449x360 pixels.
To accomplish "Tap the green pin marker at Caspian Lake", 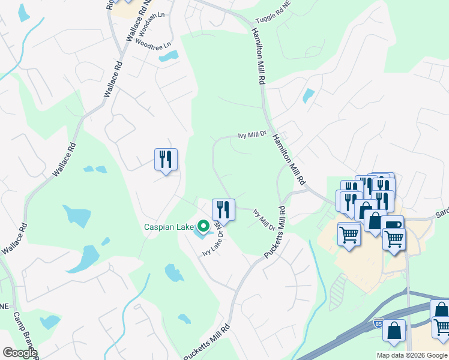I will pos(203,227).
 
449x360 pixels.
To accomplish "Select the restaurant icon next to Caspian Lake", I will pos(223,209).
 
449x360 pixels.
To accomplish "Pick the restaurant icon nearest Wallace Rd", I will pos(166,159).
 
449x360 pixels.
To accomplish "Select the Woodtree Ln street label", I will pos(153,44).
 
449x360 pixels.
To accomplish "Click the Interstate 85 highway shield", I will pos(378,322).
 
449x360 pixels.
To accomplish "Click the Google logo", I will pos(20,353).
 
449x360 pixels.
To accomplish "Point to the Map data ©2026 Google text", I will pos(412,355).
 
